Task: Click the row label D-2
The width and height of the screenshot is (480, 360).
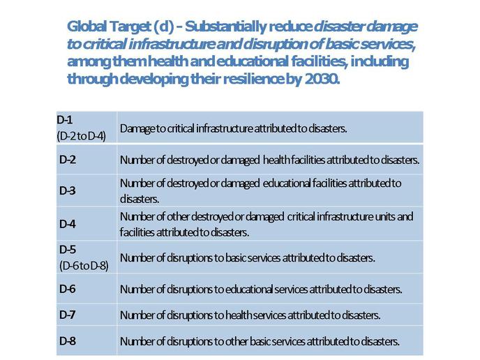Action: click(x=68, y=160)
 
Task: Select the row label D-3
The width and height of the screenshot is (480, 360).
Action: click(x=68, y=190)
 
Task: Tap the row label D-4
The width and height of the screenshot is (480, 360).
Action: click(x=68, y=224)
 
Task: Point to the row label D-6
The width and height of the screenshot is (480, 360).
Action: click(x=68, y=289)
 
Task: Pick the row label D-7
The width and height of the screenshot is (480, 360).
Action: click(x=68, y=315)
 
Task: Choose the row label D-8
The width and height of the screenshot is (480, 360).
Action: click(x=68, y=340)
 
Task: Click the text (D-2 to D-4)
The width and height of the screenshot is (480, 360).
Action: click(x=81, y=136)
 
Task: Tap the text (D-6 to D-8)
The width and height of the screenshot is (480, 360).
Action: click(x=84, y=266)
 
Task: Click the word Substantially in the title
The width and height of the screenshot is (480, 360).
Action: click(x=225, y=27)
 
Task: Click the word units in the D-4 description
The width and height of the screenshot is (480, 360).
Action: click(x=385, y=216)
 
